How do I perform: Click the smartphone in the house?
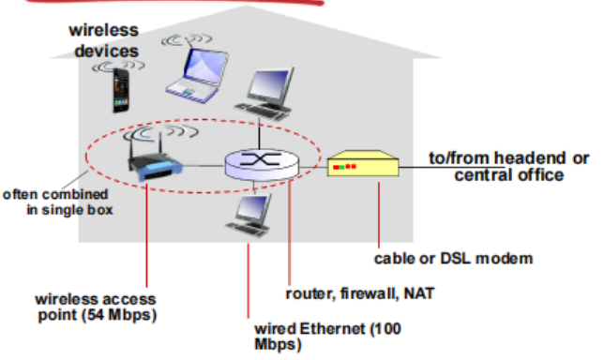[121, 91]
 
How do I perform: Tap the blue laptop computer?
[197, 76]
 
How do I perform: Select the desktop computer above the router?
[264, 95]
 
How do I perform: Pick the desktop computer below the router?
[249, 215]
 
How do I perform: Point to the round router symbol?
[262, 164]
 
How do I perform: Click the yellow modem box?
[363, 163]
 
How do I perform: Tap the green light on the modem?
[341, 168]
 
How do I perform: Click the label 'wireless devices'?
[104, 40]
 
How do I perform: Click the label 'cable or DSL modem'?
[453, 259]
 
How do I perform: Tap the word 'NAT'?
[418, 293]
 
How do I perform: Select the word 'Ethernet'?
[332, 329]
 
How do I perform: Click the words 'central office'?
[509, 175]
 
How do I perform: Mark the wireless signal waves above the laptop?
[187, 39]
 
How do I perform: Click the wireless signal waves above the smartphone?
[118, 67]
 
